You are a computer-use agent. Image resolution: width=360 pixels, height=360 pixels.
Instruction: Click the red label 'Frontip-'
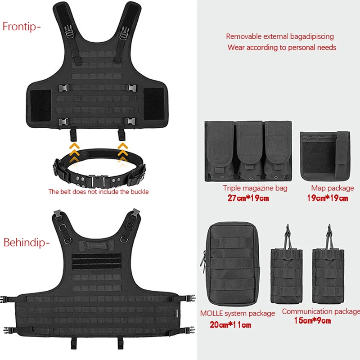22,27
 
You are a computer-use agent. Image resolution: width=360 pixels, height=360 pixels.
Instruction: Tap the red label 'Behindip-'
27,243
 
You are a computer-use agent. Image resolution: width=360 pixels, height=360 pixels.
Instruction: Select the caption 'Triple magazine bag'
255,188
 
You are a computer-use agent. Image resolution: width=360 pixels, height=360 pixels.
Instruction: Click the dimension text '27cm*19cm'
248,198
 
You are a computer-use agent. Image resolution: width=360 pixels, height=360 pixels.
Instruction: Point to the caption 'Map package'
333,188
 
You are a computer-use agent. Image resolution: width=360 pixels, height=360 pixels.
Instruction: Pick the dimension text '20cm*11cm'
230,324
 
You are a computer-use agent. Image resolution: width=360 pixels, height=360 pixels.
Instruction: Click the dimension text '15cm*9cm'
312,320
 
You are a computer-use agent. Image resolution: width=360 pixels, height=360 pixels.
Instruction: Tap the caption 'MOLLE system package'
238,313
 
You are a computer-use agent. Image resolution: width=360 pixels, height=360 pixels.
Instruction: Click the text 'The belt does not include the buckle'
98,192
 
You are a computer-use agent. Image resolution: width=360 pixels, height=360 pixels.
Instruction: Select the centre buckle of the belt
98,181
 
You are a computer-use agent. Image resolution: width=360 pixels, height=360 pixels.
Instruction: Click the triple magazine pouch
248,151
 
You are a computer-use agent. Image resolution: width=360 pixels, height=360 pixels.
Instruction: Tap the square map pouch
325,156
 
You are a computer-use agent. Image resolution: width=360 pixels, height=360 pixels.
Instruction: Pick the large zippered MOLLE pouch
231,264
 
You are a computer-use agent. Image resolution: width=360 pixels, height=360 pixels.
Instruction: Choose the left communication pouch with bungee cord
287,264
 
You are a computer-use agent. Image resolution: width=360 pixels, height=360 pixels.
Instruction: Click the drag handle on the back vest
96,245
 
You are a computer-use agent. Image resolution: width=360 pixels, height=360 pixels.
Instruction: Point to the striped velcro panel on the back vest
96,261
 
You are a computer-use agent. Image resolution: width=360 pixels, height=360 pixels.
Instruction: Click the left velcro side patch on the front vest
40,106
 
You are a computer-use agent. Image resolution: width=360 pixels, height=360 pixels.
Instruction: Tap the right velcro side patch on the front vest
154,104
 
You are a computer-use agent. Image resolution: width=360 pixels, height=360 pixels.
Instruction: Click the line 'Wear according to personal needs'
282,47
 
